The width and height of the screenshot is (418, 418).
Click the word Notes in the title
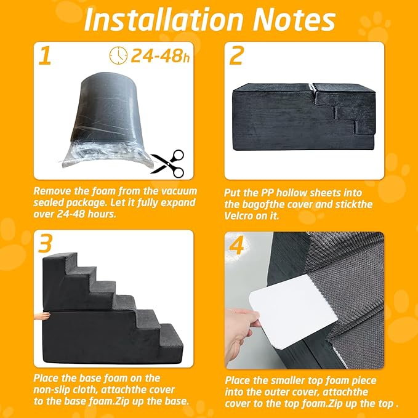point(294,20)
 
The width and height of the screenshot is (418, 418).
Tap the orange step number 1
point(45,55)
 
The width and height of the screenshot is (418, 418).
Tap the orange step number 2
point(236,55)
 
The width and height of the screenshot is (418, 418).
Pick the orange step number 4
point(237,245)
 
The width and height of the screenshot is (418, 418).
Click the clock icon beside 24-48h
point(118,55)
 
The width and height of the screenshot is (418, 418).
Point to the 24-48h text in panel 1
point(160,56)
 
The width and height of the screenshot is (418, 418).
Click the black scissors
point(168,163)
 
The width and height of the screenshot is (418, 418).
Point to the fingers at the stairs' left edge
point(42,316)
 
